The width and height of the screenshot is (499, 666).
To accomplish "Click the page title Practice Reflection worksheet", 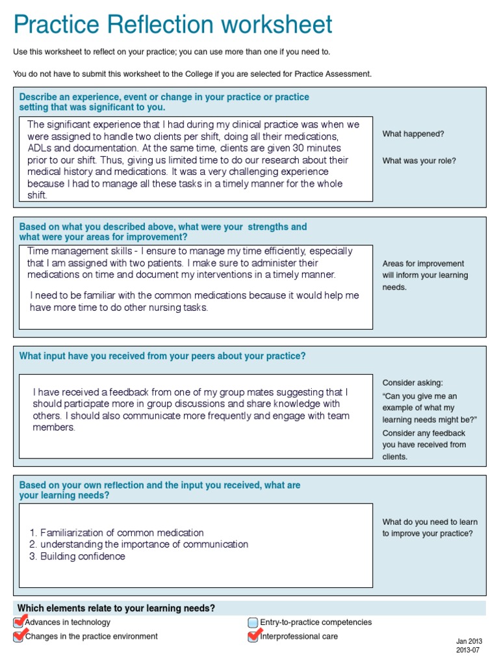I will (x=173, y=25).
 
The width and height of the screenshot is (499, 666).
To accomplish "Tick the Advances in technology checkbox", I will (x=18, y=622).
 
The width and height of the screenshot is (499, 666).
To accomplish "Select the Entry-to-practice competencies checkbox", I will (x=253, y=623).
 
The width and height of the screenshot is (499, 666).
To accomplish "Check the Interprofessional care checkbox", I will (x=253, y=637).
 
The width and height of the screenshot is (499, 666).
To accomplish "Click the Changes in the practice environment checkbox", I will (x=18, y=637).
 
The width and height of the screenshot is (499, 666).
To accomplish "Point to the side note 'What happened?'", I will (x=413, y=134).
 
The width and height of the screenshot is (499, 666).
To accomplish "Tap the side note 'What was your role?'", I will (x=419, y=161).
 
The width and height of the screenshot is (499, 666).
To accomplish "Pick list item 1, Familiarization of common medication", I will (x=116, y=533).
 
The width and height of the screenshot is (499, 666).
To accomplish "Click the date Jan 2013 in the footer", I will (x=468, y=641).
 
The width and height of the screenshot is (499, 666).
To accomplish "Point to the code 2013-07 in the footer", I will (x=468, y=650).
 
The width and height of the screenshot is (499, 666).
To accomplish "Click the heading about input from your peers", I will (x=162, y=356).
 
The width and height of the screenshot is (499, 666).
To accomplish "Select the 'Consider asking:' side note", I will (x=413, y=382).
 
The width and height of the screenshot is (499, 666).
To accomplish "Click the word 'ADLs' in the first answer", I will (x=39, y=148).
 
